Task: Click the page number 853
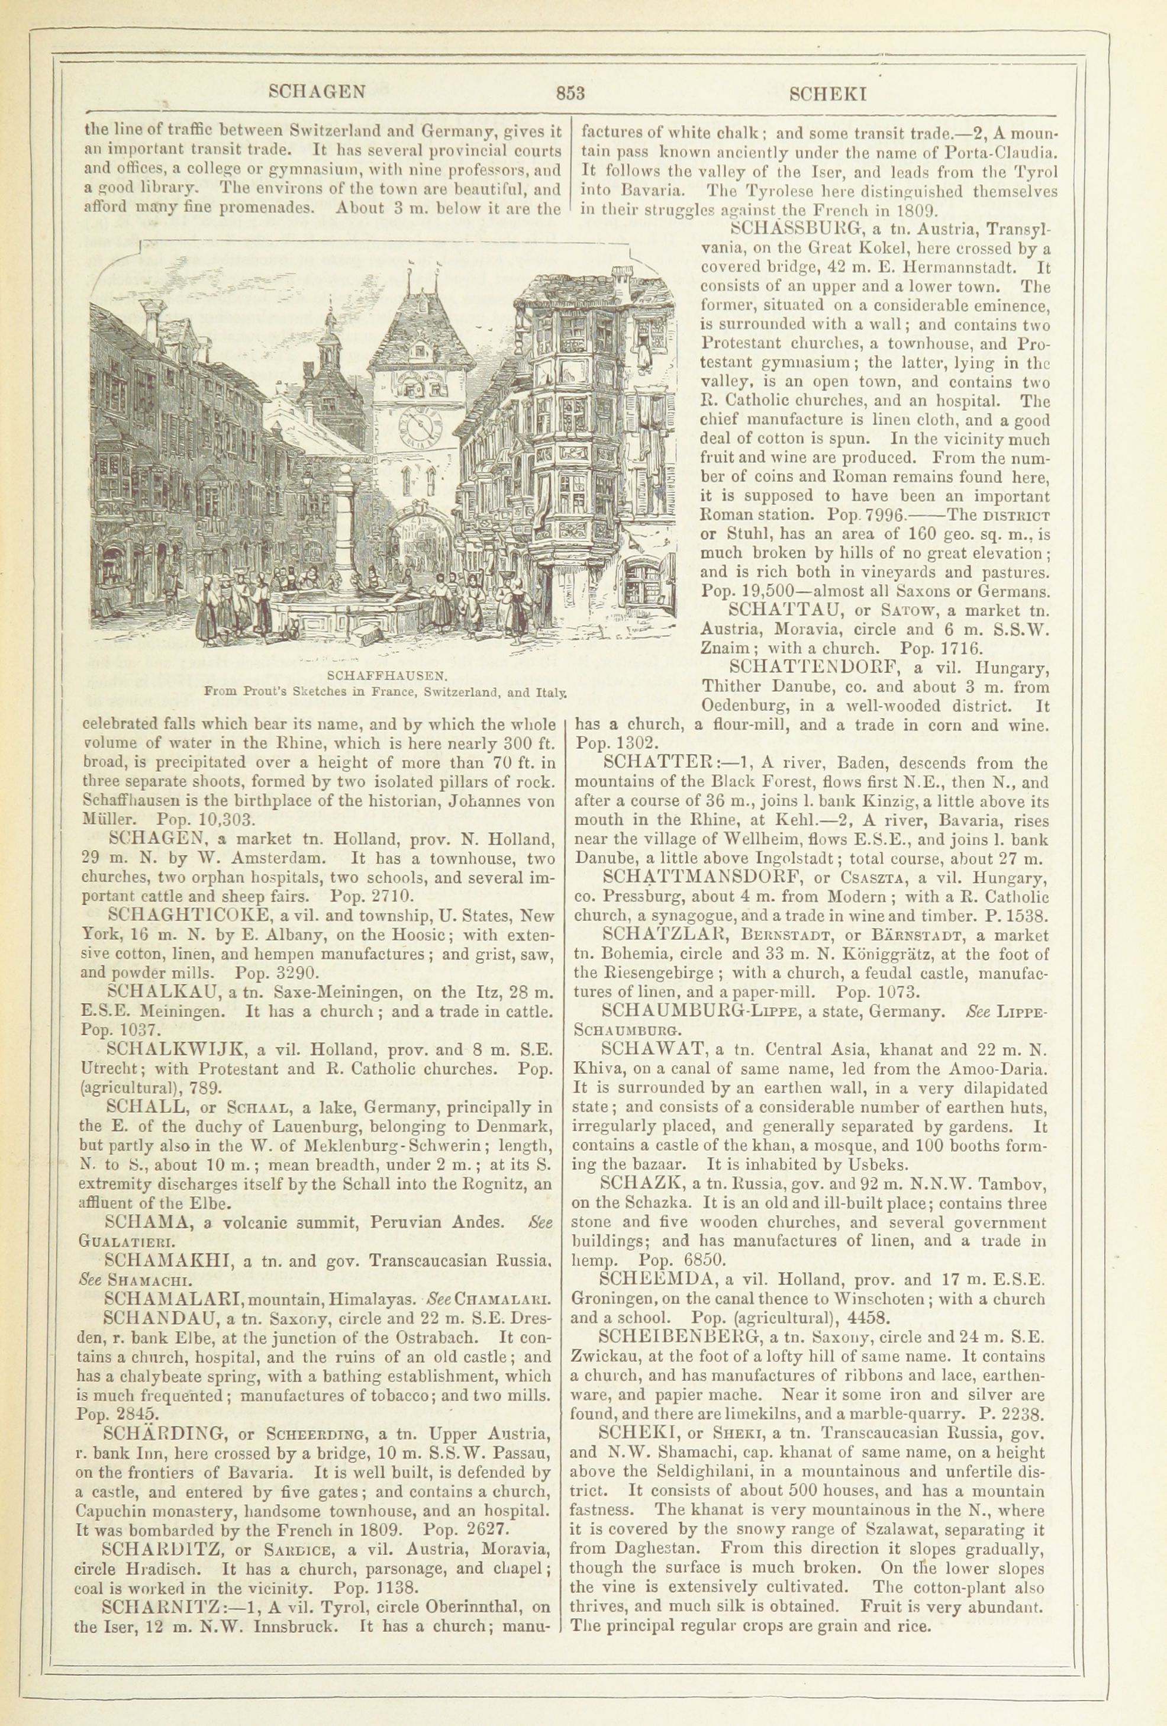point(570,93)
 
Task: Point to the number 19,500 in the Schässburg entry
point(735,592)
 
